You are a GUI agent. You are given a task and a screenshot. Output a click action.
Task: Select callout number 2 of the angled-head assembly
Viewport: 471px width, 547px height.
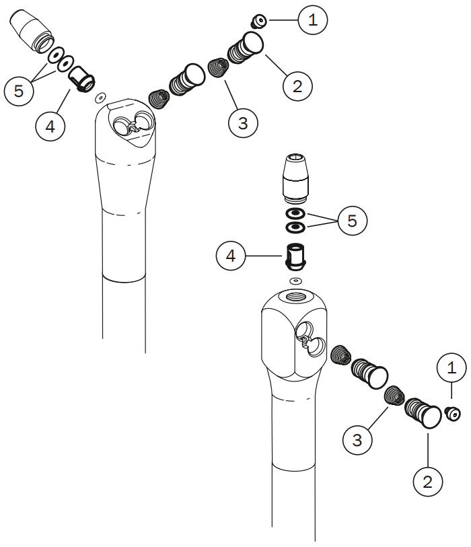(297, 85)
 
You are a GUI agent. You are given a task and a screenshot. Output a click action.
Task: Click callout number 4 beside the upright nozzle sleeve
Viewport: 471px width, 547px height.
(231, 256)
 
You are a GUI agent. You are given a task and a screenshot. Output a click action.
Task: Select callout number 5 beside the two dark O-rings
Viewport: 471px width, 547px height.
(353, 219)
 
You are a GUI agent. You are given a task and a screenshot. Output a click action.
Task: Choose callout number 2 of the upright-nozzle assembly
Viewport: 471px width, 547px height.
(427, 481)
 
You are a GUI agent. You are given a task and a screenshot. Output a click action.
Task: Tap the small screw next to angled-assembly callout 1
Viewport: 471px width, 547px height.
(258, 22)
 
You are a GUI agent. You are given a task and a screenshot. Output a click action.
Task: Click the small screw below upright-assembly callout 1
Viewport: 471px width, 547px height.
(453, 414)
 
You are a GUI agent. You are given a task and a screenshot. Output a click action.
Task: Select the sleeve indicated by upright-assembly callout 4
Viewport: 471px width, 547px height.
(295, 256)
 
